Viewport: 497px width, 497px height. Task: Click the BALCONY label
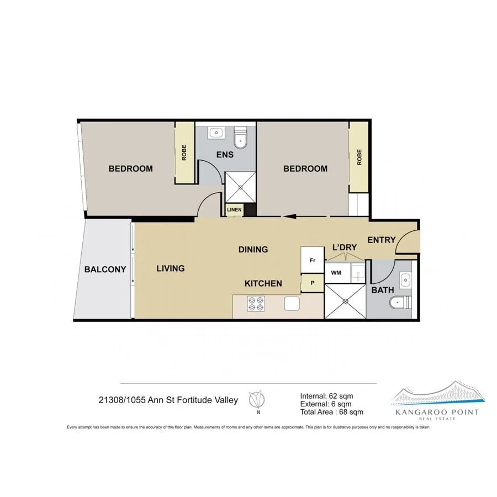tap(105, 270)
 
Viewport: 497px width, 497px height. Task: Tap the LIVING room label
tap(170, 268)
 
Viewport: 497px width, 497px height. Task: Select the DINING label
tap(253, 250)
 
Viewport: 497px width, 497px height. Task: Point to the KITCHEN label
tap(263, 283)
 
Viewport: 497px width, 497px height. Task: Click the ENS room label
tap(225, 155)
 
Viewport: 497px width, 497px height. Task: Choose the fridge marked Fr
tap(311, 260)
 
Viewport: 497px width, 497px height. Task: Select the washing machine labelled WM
tap(336, 273)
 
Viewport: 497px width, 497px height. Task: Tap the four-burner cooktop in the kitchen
tap(255, 304)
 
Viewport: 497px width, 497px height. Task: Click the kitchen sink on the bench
tap(292, 304)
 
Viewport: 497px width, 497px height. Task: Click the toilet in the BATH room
tap(401, 303)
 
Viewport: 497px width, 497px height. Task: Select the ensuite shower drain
tap(241, 187)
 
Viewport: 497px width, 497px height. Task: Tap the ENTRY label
tap(381, 240)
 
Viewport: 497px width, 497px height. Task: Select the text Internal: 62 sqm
tap(326, 395)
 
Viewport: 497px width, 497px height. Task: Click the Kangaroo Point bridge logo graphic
tap(438, 394)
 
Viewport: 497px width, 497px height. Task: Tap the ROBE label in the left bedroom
tap(184, 153)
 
